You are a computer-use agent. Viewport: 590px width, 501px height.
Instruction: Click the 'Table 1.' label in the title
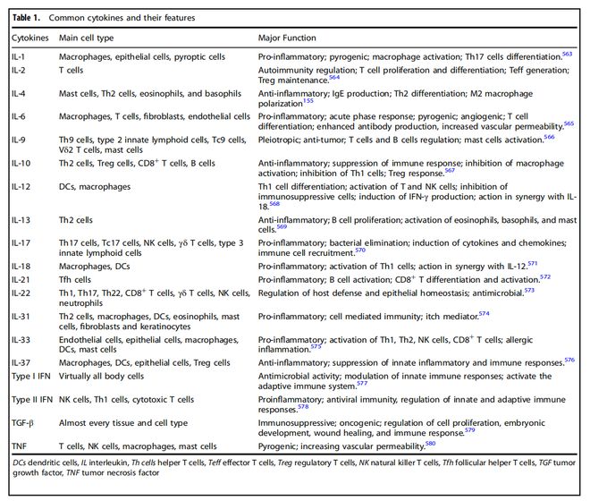(x=26, y=17)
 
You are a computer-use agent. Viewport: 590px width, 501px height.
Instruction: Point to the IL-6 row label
(x=19, y=116)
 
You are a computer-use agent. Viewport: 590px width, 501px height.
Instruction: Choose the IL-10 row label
(x=21, y=164)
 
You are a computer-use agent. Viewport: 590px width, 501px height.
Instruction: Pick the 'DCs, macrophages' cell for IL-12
(x=95, y=186)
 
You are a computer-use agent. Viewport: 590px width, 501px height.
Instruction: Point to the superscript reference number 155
(x=308, y=101)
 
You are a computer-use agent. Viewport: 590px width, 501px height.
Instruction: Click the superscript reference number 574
(x=485, y=312)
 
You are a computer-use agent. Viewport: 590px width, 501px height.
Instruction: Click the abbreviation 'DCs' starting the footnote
(x=21, y=464)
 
